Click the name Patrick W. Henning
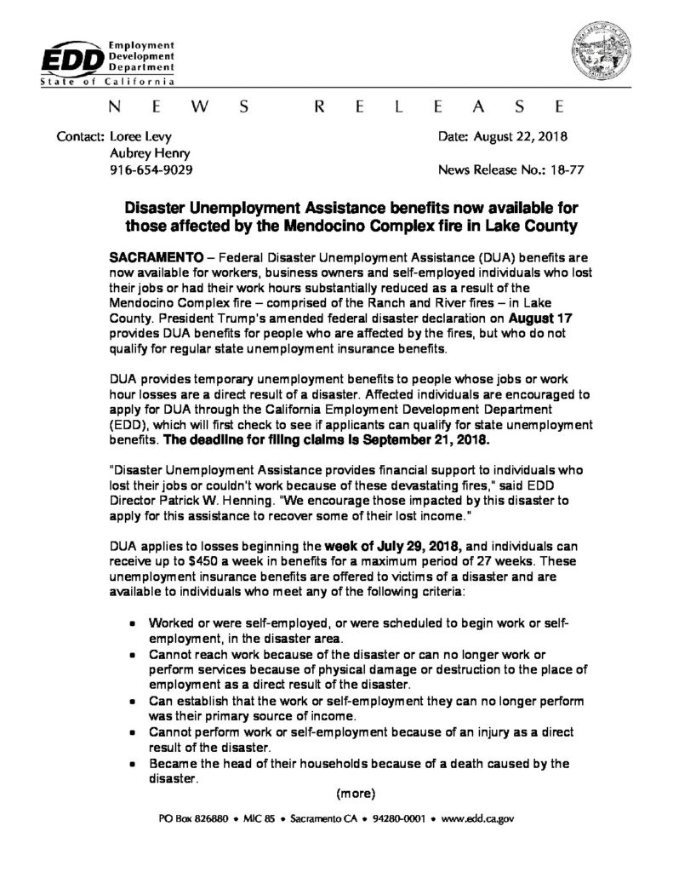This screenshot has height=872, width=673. (x=222, y=495)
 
